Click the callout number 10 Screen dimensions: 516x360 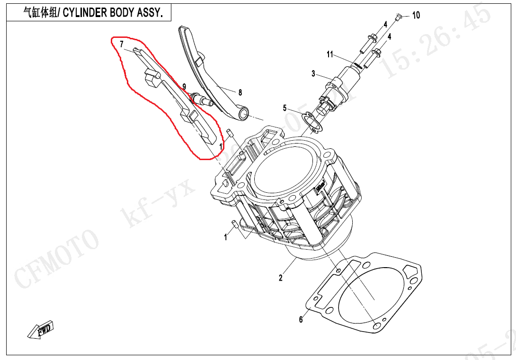[416, 15]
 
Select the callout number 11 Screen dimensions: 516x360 [330, 54]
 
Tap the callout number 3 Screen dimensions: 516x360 [313, 73]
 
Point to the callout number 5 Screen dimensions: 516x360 [285, 108]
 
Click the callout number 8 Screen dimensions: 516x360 [240, 92]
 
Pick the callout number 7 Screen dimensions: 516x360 [122, 44]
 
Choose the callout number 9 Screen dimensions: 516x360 [184, 86]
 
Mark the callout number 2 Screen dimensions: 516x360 [280, 278]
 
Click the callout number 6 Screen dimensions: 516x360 [301, 320]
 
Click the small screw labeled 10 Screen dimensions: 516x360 [398, 18]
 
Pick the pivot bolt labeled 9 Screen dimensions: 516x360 [201, 100]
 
